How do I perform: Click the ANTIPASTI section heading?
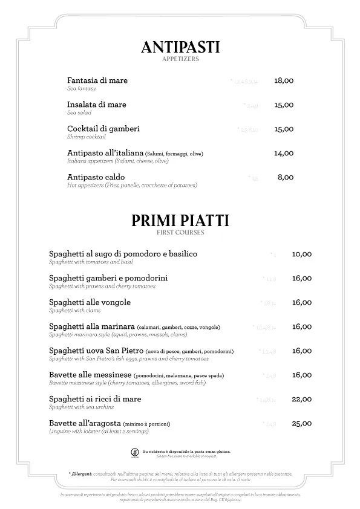tap(180, 47)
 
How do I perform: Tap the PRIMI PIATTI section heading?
tap(180, 221)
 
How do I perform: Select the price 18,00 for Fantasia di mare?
tap(283, 80)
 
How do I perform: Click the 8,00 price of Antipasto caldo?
tap(285, 177)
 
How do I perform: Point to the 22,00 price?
tap(301, 399)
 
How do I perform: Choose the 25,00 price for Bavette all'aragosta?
tap(301, 423)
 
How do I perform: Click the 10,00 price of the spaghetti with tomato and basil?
tap(301, 254)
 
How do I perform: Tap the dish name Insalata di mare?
tap(97, 105)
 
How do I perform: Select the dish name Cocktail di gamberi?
tap(103, 129)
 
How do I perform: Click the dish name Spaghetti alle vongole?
tap(90, 302)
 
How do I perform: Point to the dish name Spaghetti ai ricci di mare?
tap(95, 399)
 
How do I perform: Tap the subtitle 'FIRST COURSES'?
tap(180, 232)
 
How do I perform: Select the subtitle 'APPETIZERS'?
tap(180, 59)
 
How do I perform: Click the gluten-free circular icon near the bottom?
tap(134, 453)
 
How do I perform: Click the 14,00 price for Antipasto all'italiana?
tap(283, 154)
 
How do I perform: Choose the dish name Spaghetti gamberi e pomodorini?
tap(108, 278)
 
